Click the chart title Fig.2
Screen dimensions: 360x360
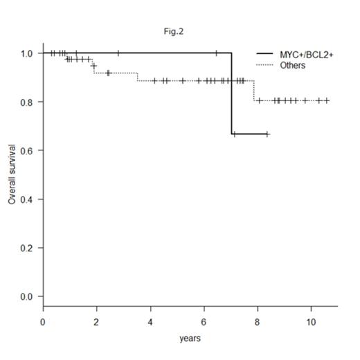tap(177, 31)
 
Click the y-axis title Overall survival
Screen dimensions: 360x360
tap(12, 174)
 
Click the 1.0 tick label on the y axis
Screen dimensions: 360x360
tap(27, 53)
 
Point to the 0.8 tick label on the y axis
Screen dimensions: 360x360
tap(27, 102)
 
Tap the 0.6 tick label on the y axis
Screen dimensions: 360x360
tap(27, 150)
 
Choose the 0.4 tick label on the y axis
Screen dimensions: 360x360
tap(27, 199)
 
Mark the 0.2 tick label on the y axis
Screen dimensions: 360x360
tap(27, 248)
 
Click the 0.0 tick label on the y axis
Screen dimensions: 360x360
tap(27, 296)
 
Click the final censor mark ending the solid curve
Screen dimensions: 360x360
tap(267, 134)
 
